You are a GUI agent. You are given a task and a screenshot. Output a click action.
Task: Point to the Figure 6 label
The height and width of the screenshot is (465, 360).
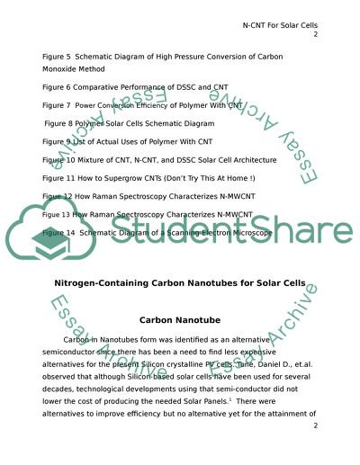tap(58, 87)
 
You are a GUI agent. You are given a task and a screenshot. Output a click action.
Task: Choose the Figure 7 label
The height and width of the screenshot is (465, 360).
tap(58, 105)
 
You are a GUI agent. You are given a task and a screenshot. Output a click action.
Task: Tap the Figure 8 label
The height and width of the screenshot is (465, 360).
tap(60, 123)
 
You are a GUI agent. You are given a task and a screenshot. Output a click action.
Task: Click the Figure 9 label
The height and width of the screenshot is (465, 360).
tap(58, 141)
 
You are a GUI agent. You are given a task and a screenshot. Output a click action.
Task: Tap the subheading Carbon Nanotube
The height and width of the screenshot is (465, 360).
tap(180, 319)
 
